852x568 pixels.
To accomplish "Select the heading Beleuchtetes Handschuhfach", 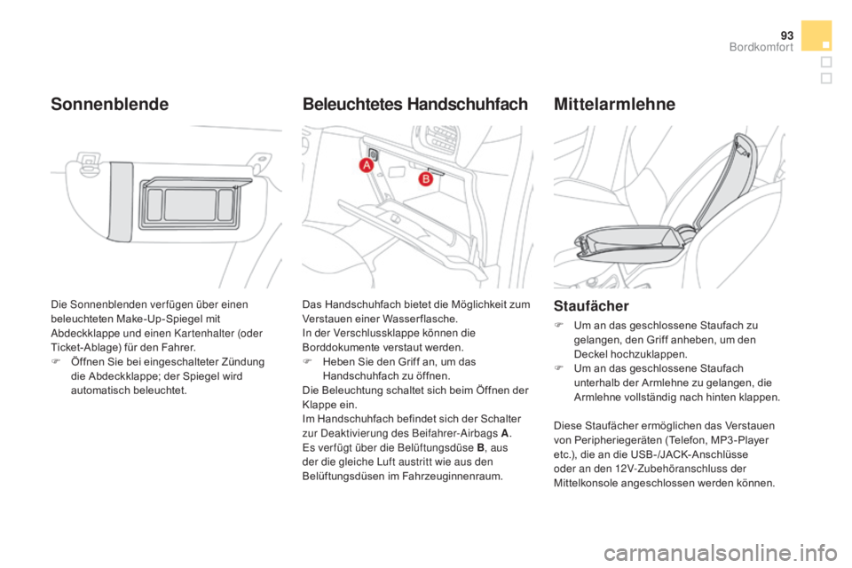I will point(415,104).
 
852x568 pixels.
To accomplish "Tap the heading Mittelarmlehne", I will point(614,104).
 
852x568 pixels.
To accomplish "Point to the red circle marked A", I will point(366,167).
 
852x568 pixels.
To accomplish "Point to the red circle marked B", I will point(424,178).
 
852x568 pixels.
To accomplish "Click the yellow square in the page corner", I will point(815,35).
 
